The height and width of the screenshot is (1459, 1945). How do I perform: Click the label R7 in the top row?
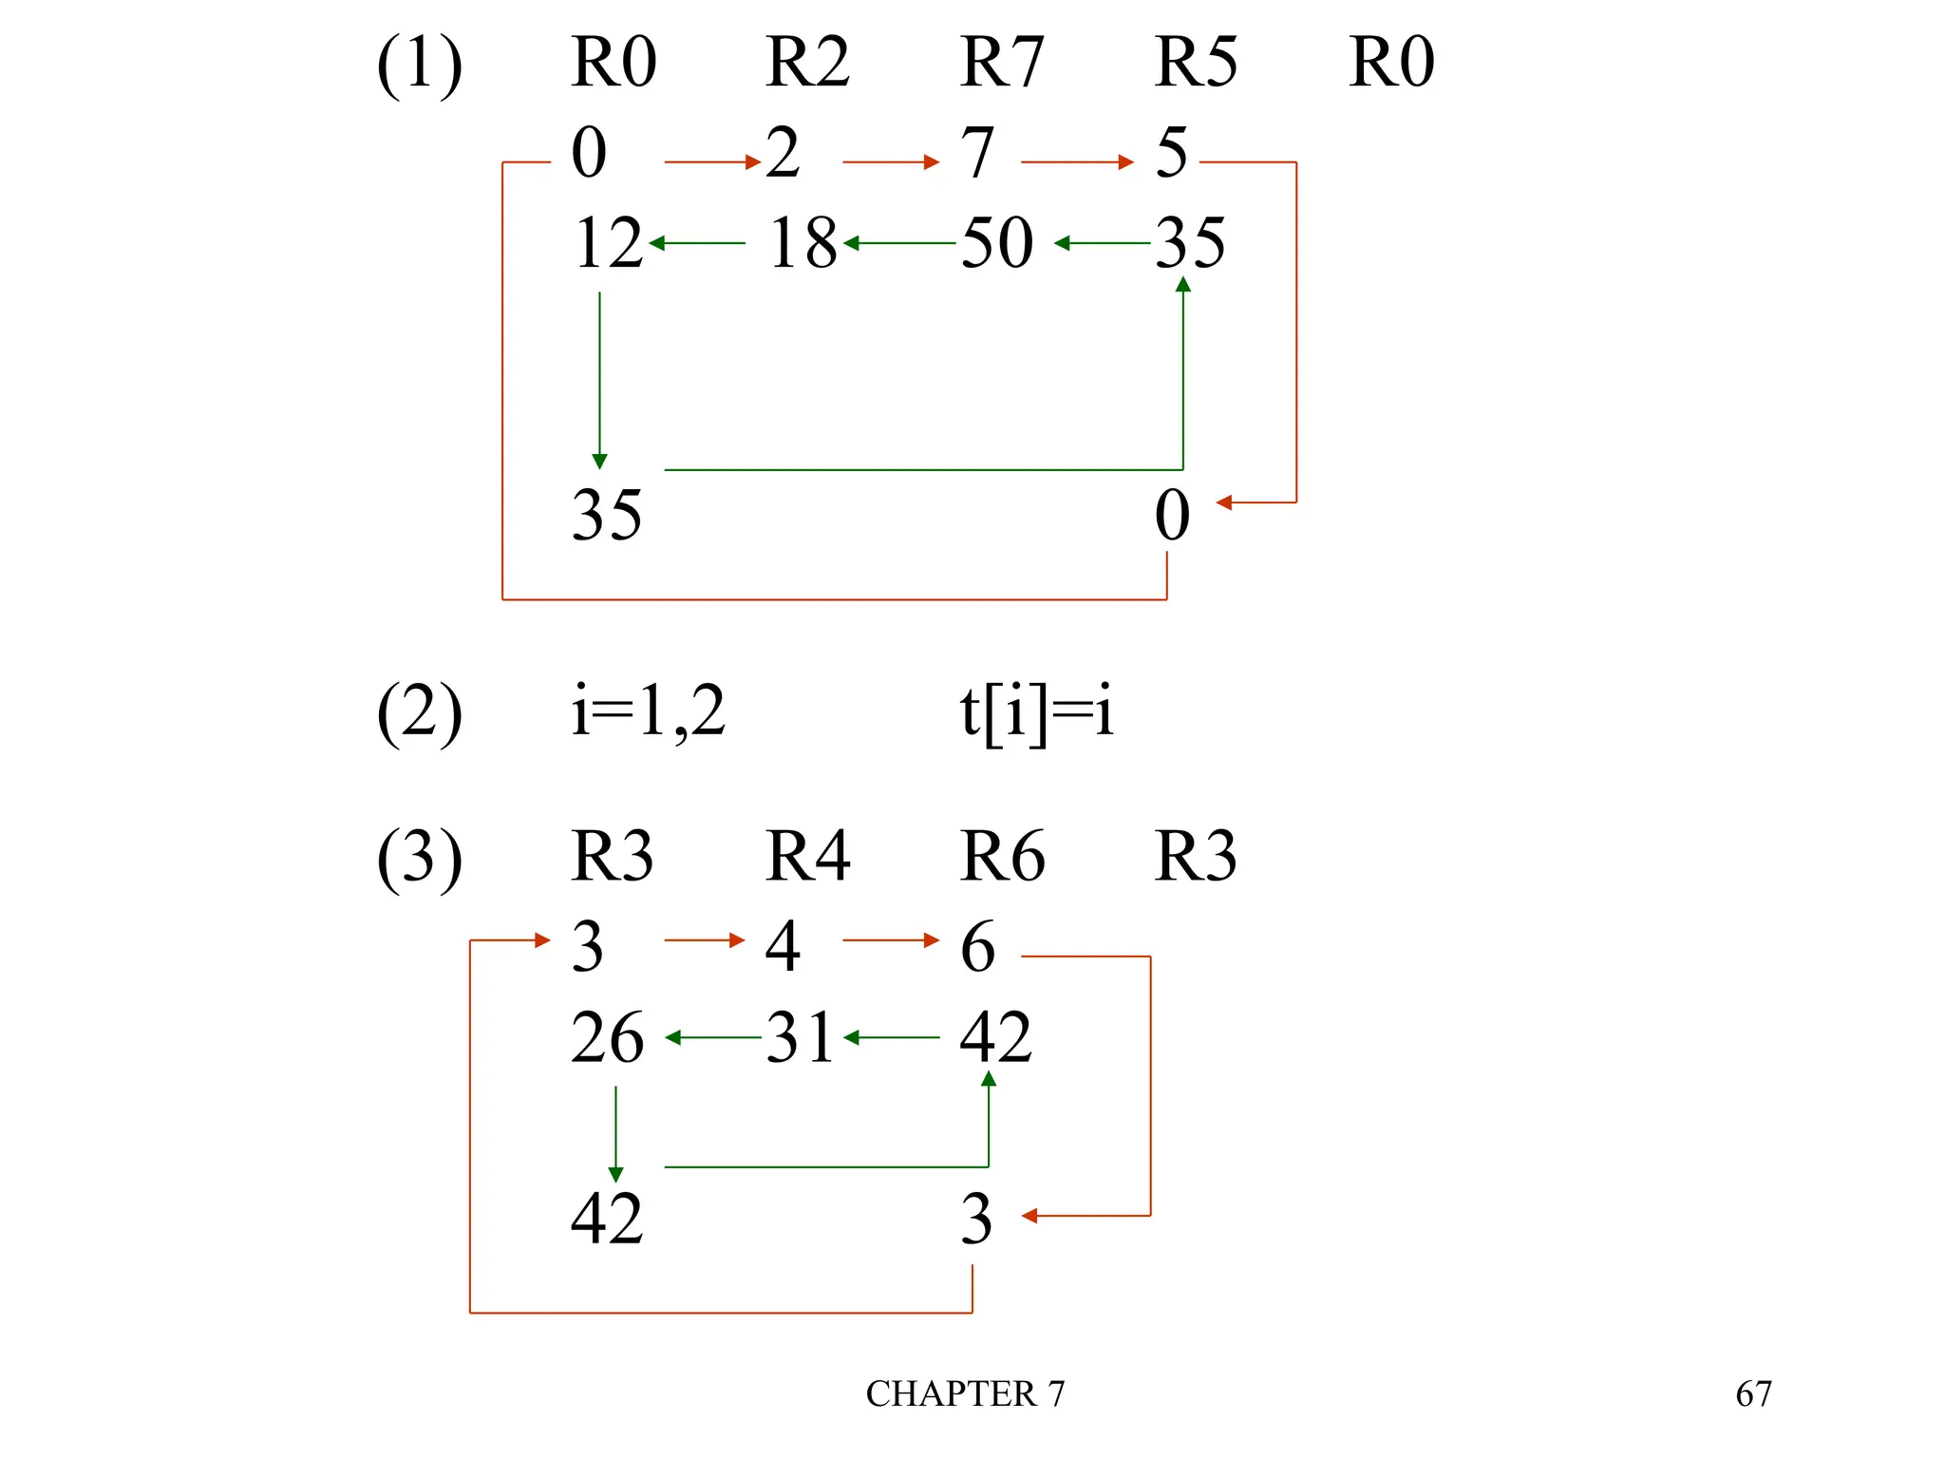pyautogui.click(x=1001, y=63)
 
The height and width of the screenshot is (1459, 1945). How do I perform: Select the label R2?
pyautogui.click(x=807, y=63)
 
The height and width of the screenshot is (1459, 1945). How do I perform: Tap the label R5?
pyautogui.click(x=1196, y=63)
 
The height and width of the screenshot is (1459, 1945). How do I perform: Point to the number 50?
pyautogui.click(x=997, y=243)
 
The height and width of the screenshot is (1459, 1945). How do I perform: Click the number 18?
pyautogui.click(x=803, y=243)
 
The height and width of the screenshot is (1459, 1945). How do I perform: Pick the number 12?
pyautogui.click(x=608, y=243)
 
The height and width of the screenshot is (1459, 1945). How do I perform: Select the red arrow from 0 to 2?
pyautogui.click(x=712, y=162)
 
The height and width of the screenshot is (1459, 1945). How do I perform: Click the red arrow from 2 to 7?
pyautogui.click(x=890, y=162)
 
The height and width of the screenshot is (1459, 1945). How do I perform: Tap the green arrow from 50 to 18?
pyautogui.click(x=899, y=243)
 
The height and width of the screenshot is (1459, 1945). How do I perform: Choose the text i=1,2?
pyautogui.click(x=649, y=711)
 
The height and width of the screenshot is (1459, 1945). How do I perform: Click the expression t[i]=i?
pyautogui.click(x=1036, y=711)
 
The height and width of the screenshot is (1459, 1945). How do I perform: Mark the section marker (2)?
pyautogui.click(x=419, y=713)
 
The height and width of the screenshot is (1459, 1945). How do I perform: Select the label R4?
pyautogui.click(x=807, y=856)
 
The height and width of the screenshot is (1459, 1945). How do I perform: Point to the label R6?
pyautogui.click(x=1002, y=856)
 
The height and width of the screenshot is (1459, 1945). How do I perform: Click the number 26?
pyautogui.click(x=607, y=1037)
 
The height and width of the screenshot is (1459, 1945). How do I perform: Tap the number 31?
pyautogui.click(x=800, y=1037)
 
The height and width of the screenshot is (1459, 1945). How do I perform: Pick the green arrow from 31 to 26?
pyautogui.click(x=713, y=1037)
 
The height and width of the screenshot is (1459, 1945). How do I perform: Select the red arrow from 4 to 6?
pyautogui.click(x=890, y=940)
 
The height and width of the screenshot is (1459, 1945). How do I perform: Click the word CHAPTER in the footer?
pyautogui.click(x=951, y=1394)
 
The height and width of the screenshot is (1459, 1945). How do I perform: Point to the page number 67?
pyautogui.click(x=1753, y=1394)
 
